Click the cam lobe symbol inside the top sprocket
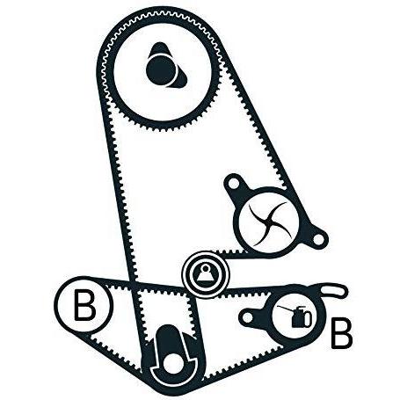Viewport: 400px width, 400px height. pos(165,68)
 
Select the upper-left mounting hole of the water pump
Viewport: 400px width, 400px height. pos(234,184)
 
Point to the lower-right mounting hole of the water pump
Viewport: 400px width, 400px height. pos(318,239)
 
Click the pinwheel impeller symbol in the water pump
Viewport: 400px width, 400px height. pos(268,223)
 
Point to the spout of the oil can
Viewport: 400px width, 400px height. pos(285,309)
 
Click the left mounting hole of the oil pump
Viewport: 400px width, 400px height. pos(248,317)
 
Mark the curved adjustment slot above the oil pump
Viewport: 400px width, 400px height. pos(334,292)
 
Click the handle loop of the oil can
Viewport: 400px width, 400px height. pos(308,318)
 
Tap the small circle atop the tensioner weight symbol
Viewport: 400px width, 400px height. pos(206,267)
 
